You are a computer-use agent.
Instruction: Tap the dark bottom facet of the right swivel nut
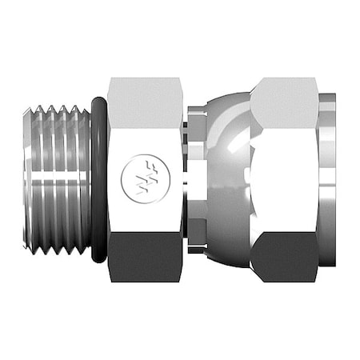[x=284, y=256]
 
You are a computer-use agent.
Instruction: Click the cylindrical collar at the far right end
[x=327, y=180]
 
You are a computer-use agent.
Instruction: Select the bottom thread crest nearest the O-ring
[x=81, y=250]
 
